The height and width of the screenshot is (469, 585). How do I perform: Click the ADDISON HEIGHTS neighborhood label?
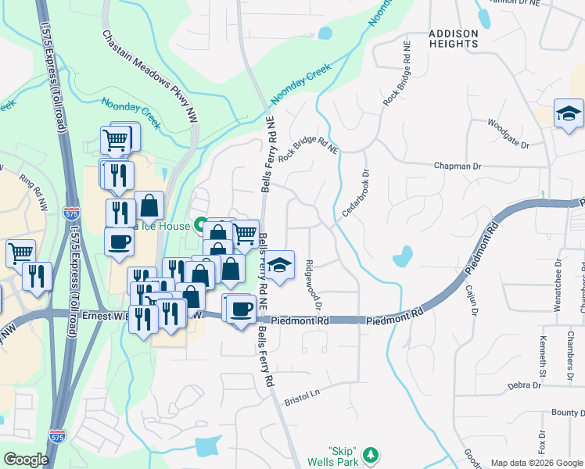click(453, 39)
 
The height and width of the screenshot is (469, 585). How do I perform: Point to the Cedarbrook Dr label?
click(354, 193)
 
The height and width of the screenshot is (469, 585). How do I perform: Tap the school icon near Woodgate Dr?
click(569, 113)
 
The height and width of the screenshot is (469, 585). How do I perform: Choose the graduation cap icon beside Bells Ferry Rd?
click(278, 264)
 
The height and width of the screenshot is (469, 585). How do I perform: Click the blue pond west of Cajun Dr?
click(403, 256)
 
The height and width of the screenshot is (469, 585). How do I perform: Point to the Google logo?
click(26, 460)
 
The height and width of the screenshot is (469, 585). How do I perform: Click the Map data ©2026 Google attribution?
click(537, 462)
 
